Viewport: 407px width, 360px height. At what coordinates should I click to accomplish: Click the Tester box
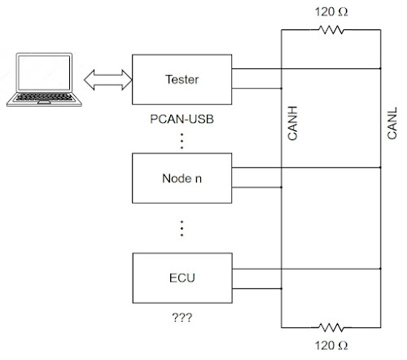pos(182,79)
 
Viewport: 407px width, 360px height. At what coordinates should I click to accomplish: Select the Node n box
pos(182,178)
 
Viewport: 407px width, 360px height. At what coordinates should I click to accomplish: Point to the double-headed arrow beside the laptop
pos(105,79)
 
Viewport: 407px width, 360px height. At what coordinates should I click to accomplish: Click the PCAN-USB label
pos(182,119)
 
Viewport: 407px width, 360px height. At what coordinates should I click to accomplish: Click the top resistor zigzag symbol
pos(330,30)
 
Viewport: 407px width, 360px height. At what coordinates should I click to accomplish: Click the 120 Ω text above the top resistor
pos(330,11)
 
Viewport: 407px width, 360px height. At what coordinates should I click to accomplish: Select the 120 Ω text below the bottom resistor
pos(330,345)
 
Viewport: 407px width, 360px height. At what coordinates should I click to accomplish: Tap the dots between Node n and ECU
pos(182,227)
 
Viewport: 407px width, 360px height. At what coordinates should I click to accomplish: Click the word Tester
pos(182,79)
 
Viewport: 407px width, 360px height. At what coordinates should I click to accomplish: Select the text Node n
pos(182,178)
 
